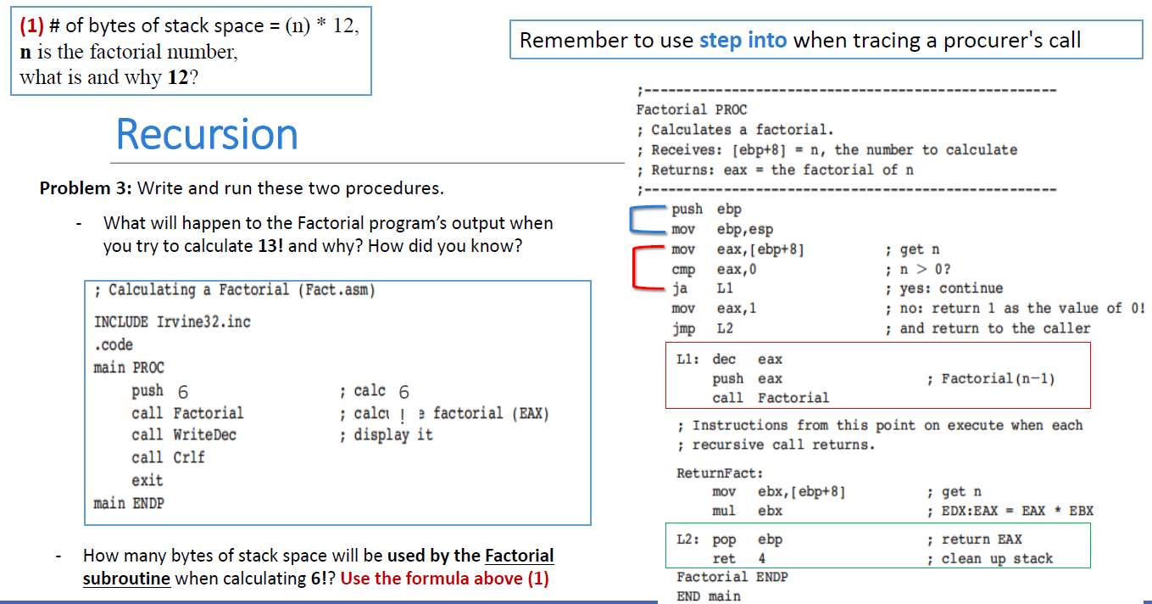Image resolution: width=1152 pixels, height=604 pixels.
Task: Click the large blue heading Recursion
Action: click(x=207, y=134)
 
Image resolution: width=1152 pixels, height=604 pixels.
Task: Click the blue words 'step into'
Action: click(x=743, y=40)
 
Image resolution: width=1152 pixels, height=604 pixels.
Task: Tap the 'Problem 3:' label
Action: click(x=86, y=187)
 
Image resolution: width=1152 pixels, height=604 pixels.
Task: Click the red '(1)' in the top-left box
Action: click(x=33, y=26)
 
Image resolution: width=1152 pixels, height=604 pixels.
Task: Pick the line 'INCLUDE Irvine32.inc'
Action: click(x=172, y=322)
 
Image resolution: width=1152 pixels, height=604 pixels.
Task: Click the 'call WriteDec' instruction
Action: click(x=183, y=435)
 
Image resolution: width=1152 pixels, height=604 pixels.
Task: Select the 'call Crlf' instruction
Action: click(x=168, y=457)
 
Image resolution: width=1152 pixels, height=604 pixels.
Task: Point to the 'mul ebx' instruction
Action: click(x=747, y=511)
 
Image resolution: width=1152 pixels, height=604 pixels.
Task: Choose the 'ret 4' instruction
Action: click(x=738, y=559)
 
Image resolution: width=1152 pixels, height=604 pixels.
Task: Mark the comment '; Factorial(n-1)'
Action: click(x=991, y=378)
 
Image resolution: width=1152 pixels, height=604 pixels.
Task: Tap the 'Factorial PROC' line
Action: click(x=691, y=109)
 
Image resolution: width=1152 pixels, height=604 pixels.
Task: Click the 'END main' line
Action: click(x=708, y=596)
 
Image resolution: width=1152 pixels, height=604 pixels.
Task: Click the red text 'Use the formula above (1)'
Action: click(x=444, y=579)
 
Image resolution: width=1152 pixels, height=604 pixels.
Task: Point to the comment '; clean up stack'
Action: click(x=990, y=559)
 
